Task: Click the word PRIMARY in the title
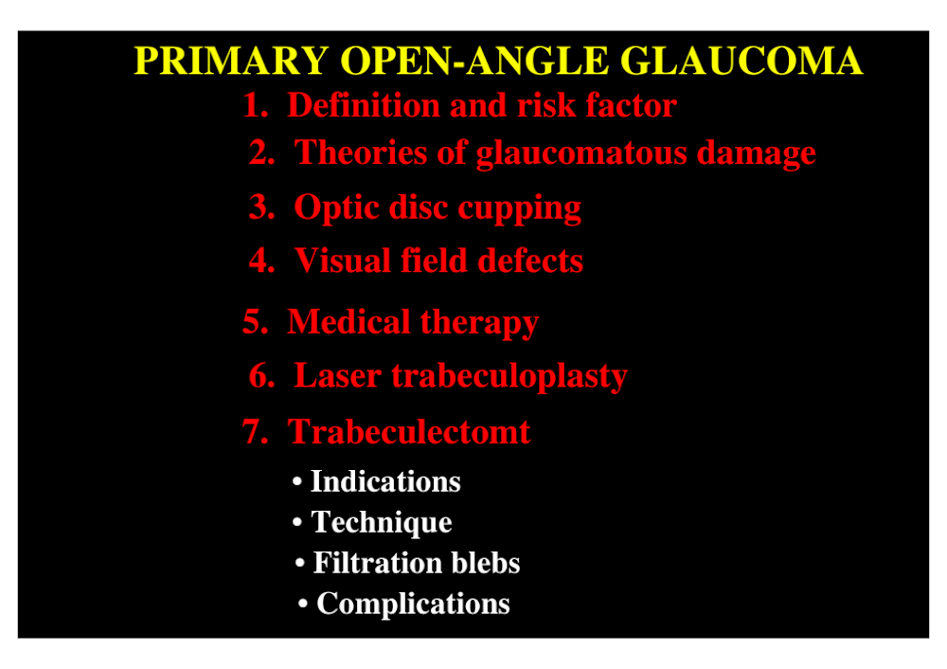tap(231, 61)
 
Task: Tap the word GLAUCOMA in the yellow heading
tap(742, 61)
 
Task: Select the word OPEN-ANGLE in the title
tap(475, 61)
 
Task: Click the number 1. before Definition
tap(256, 105)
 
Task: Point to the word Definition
tap(364, 105)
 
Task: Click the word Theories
tap(361, 153)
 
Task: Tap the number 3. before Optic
tap(262, 208)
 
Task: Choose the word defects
tap(530, 261)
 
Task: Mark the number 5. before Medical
tap(256, 321)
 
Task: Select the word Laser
tap(337, 376)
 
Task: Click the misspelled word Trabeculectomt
tap(409, 432)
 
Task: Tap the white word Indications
tap(385, 481)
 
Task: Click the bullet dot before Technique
tap(297, 522)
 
